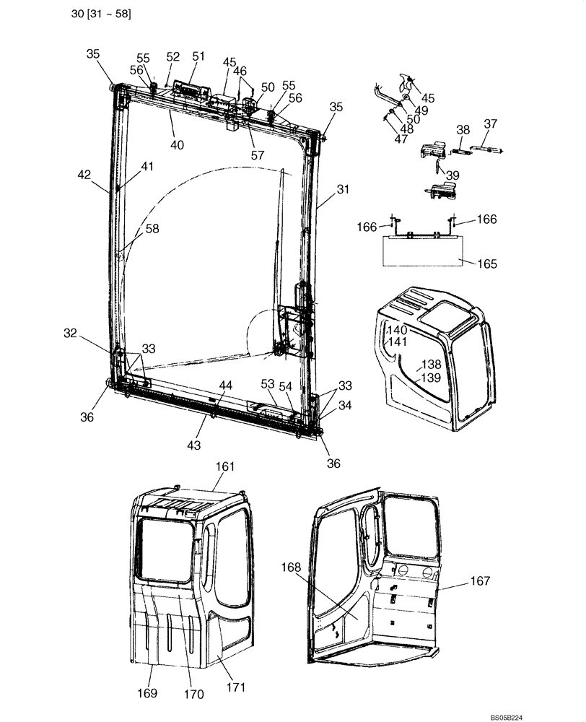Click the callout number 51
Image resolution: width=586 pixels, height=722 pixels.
coord(198,56)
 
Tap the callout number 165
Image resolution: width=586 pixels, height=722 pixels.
coord(487,264)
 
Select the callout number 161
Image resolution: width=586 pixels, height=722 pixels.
coord(225,468)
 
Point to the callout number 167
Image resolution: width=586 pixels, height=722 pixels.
coord(480,580)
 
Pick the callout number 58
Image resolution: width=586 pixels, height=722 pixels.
coord(152,229)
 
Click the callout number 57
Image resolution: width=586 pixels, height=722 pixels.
coord(258,155)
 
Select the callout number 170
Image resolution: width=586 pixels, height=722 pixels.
coord(194,695)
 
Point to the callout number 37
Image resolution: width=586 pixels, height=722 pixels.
coord(490,124)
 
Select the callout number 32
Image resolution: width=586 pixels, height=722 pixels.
coord(70,333)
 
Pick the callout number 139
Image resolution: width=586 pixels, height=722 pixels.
coord(431,378)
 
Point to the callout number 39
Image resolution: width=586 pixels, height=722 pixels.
coord(452,175)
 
